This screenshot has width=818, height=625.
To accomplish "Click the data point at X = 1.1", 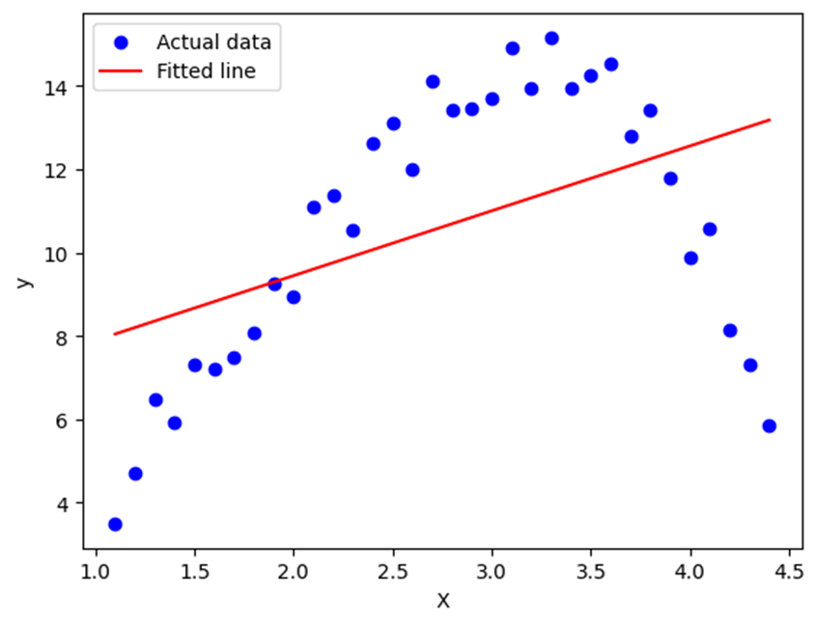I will tap(115, 524).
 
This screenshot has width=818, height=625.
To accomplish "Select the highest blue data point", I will tap(551, 39).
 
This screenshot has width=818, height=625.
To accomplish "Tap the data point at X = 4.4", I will tap(769, 425).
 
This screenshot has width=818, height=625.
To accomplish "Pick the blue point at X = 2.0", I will tap(294, 297).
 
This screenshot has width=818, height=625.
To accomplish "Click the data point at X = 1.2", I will tap(135, 474).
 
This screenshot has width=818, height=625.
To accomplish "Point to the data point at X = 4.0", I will tap(691, 258).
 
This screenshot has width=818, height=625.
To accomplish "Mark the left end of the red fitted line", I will tap(115, 334).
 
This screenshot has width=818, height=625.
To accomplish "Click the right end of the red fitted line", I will tap(769, 120).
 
